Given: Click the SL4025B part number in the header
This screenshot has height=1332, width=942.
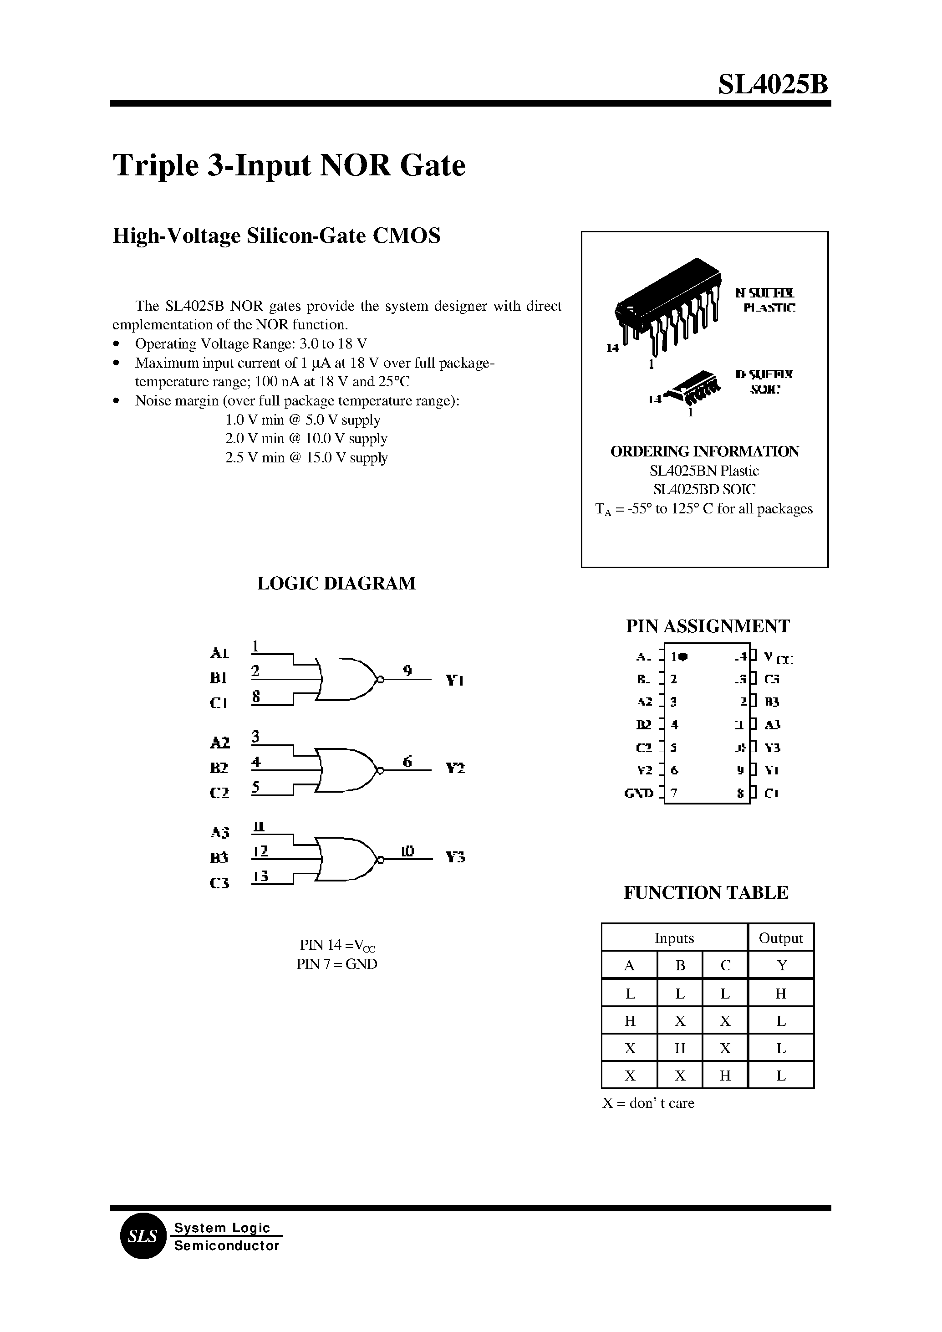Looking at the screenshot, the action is tap(773, 85).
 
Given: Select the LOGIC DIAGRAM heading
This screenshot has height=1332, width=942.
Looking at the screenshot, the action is tap(336, 583).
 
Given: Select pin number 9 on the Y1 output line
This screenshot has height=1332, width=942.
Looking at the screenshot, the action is tap(408, 671).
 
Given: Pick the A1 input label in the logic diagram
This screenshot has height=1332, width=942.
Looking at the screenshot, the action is tap(219, 654).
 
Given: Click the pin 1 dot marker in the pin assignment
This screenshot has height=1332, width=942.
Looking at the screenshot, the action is tap(683, 656).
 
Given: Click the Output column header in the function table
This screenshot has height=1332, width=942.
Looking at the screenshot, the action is tap(781, 938).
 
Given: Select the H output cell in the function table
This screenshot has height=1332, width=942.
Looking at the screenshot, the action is tap(781, 994).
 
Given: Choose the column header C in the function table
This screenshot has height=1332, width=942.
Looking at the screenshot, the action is tap(725, 966).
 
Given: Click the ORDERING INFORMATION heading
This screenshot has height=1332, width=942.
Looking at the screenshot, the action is tap(705, 451).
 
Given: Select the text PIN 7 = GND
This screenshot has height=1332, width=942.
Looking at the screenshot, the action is tap(336, 964).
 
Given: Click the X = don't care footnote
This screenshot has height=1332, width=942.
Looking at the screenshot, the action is tap(648, 1103).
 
